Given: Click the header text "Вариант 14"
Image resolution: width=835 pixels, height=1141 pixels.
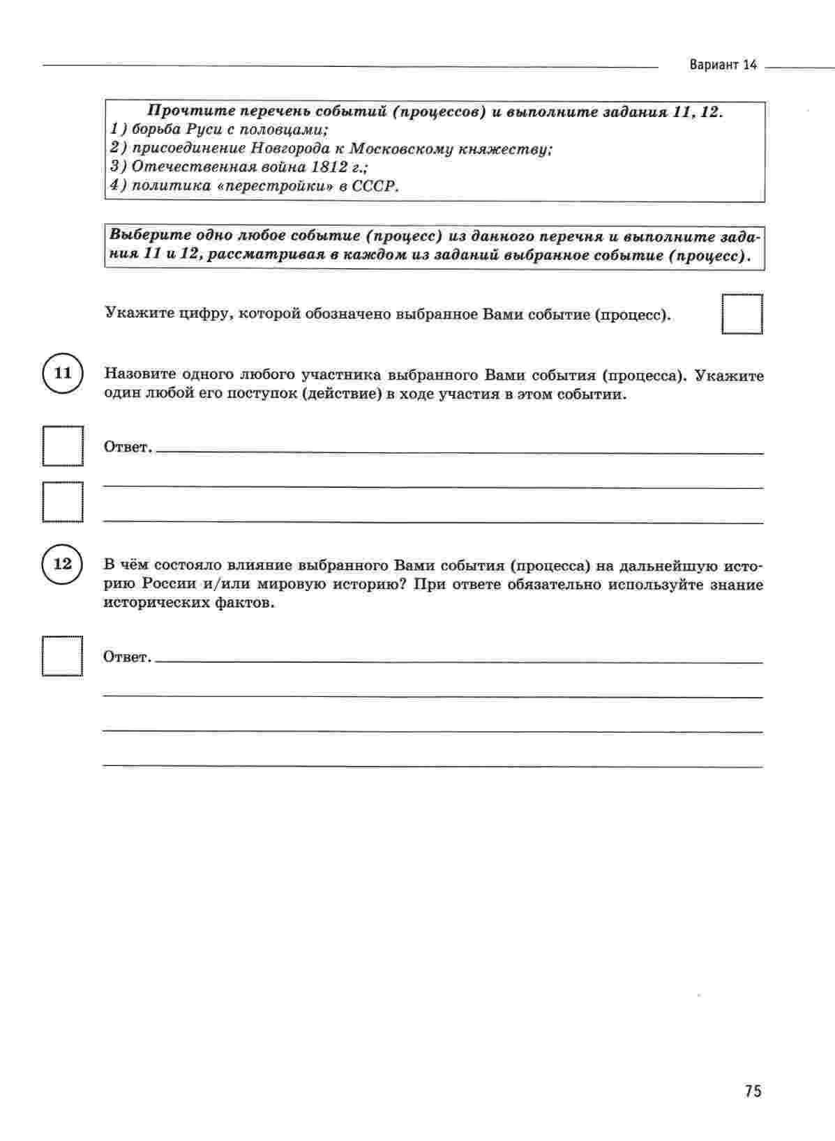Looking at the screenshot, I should (x=723, y=66).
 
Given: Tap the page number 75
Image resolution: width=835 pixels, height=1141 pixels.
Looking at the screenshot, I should (x=753, y=1091).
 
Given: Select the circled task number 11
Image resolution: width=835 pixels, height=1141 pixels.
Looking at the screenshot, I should (x=63, y=373).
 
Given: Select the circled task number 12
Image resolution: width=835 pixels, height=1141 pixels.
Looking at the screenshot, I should (x=63, y=563).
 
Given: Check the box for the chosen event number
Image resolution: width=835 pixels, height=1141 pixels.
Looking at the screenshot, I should (x=742, y=315).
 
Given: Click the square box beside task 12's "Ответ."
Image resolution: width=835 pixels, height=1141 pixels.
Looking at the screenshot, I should (x=62, y=656).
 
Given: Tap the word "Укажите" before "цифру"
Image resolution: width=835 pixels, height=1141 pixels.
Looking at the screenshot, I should (x=135, y=314).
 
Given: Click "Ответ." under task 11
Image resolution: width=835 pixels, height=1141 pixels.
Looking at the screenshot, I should (x=128, y=447).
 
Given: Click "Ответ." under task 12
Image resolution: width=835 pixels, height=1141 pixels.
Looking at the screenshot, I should (x=127, y=657).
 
